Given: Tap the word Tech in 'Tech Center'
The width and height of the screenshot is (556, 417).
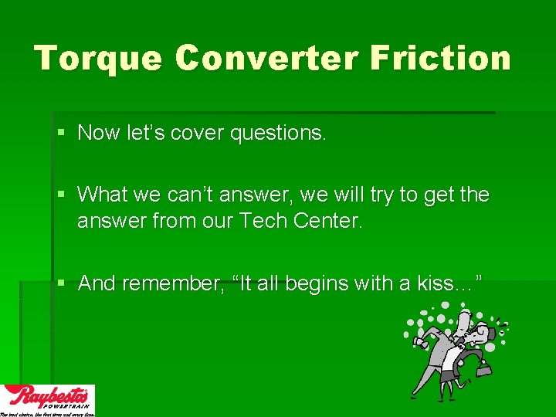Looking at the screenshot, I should pyautogui.click(x=264, y=222).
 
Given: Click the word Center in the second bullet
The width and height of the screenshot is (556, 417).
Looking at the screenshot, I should pyautogui.click(x=330, y=222).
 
